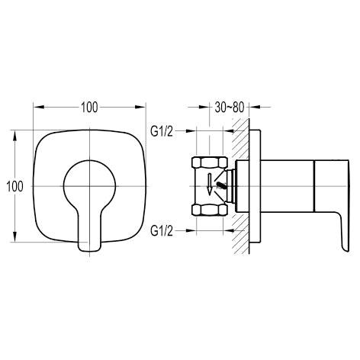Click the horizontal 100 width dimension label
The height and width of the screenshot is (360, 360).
click(89, 108)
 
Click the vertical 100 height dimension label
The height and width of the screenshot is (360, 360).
click(14, 186)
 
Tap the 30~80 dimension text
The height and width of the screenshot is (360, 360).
click(230, 108)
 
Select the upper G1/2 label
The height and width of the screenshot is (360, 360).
click(162, 131)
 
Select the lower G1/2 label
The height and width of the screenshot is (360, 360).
click(162, 231)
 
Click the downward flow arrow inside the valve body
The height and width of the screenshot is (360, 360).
click(210, 185)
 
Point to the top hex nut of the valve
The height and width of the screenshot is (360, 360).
click(209, 162)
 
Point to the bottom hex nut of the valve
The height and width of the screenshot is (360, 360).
click(209, 211)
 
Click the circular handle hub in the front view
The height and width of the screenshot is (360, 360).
click(89, 160)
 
